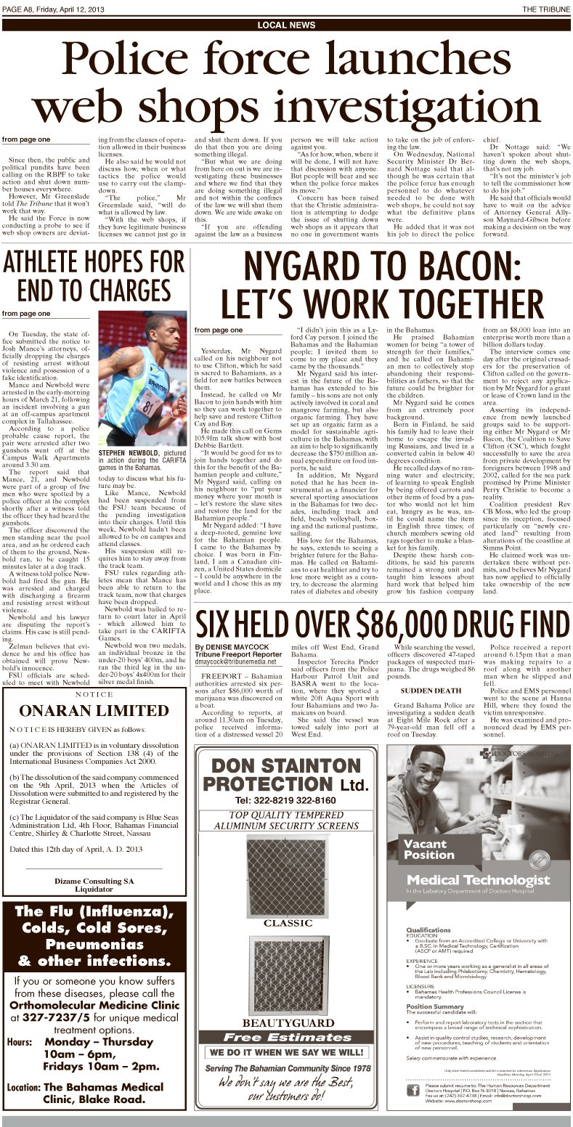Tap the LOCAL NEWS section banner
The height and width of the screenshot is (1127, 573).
click(x=286, y=25)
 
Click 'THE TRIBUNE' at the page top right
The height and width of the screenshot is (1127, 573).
click(x=545, y=8)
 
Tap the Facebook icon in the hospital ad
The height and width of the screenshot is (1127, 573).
click(x=412, y=1090)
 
